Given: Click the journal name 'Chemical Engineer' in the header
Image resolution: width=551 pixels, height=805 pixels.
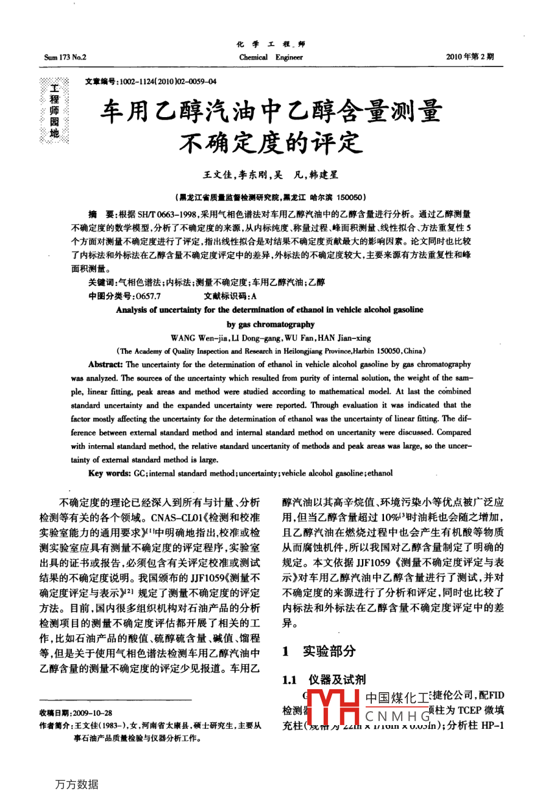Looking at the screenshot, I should [x=271, y=57].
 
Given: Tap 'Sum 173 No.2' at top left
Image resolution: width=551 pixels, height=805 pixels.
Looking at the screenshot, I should [x=65, y=57].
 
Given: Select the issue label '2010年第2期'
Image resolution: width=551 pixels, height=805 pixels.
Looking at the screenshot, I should [x=469, y=57].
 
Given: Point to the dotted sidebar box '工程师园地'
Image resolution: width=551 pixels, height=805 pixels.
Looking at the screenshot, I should [x=55, y=110].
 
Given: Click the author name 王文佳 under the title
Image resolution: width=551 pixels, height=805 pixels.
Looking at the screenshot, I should [x=217, y=175].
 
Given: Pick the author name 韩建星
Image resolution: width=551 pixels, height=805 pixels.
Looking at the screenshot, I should [x=324, y=175].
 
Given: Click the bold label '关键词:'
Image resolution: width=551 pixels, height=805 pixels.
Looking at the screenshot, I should [x=101, y=282].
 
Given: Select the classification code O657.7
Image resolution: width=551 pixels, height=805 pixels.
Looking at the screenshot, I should [x=148, y=296].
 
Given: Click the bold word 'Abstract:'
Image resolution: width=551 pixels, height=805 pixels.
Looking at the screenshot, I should [x=105, y=364].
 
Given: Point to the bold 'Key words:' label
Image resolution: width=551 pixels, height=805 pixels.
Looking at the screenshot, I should [x=109, y=473].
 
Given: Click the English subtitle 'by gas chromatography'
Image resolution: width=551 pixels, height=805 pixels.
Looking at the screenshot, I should [x=270, y=324].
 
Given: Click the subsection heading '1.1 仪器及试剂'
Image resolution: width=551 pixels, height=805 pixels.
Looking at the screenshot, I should [x=324, y=680].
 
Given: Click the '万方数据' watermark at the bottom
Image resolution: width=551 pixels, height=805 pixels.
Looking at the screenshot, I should [x=77, y=784].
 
